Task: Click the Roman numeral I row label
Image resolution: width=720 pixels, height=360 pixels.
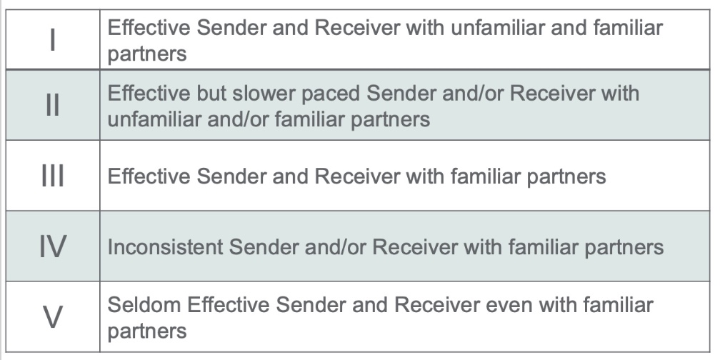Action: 53,40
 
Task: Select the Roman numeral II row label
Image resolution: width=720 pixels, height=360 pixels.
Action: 53,105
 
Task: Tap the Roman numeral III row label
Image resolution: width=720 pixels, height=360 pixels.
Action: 53,176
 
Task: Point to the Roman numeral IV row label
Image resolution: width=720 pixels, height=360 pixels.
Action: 53,246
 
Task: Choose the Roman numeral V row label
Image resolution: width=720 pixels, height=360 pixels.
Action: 53,317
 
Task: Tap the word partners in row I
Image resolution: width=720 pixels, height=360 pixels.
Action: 147,55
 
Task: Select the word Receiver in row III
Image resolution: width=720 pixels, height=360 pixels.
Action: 357,176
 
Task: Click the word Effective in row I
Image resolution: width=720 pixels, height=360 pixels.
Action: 149,28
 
